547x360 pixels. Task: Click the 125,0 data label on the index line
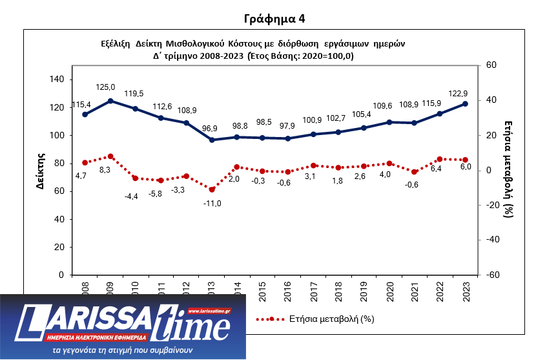point(105,87)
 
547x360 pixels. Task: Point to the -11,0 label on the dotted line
point(212,203)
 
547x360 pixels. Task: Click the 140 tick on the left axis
point(56,79)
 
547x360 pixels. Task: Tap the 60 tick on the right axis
point(491,65)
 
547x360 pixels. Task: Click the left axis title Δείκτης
point(40,170)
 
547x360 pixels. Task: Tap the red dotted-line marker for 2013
point(212,189)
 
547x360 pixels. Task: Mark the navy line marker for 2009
point(110,101)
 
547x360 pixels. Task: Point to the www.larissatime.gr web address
point(209,312)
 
